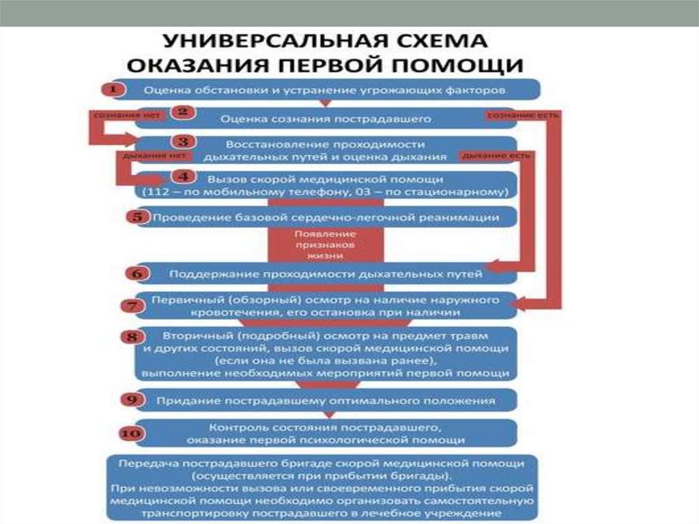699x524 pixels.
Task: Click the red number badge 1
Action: pyautogui.click(x=113, y=89)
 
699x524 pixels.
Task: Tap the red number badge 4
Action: pyautogui.click(x=183, y=177)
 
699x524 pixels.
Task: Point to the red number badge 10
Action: pyautogui.click(x=132, y=433)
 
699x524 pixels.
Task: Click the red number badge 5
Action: pyautogui.click(x=137, y=217)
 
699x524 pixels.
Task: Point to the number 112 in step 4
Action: pyautogui.click(x=154, y=192)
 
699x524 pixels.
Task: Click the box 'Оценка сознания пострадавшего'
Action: pyautogui.click(x=326, y=119)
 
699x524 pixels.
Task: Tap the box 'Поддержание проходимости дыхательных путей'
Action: pyautogui.click(x=326, y=274)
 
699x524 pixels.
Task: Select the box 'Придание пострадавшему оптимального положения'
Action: pyautogui.click(x=326, y=399)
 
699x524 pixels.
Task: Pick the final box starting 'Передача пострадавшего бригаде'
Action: pyautogui.click(x=324, y=487)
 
